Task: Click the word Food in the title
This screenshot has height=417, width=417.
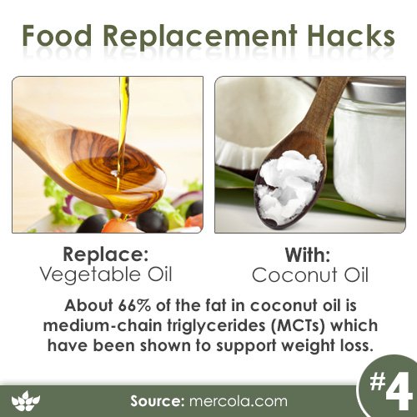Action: coord(57,36)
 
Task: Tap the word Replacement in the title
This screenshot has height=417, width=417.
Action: coord(199,38)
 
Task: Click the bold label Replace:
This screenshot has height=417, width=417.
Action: coord(106,254)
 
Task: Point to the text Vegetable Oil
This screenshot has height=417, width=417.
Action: coord(106,274)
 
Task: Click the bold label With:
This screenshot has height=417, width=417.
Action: coord(308,254)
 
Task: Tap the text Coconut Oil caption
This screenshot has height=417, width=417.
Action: coord(310,274)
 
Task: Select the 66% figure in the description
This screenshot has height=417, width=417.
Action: coord(135,305)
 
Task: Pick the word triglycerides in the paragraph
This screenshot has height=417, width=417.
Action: coord(216,326)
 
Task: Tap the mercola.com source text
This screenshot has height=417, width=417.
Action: coord(238,401)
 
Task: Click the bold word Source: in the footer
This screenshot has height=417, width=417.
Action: coord(156,401)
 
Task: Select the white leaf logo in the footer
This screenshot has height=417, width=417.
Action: coord(26,401)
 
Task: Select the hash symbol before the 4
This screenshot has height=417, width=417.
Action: coord(377,381)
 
